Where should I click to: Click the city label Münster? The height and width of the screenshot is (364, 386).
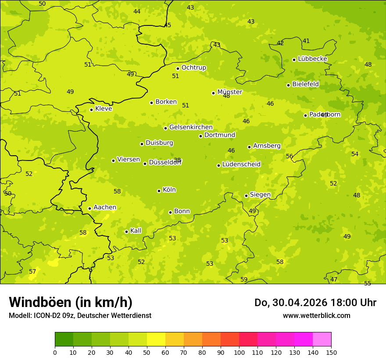229,92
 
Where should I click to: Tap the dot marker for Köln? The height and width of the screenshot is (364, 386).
159,191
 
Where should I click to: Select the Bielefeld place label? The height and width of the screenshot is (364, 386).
305,84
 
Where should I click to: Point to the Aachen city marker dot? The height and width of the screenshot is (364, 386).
89,208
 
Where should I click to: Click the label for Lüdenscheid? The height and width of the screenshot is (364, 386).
241,164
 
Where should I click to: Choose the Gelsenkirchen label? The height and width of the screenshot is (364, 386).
191,127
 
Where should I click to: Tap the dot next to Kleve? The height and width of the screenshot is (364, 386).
91,110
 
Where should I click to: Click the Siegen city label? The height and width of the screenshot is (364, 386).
260,195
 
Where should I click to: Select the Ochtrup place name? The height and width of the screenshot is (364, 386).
193,68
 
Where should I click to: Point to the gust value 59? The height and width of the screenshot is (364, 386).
244,279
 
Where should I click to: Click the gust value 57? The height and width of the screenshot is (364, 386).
32,272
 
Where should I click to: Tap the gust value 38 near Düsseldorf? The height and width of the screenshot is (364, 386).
177,160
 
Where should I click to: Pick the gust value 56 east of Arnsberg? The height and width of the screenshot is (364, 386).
289,156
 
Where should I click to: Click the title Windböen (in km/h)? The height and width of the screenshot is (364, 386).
71,302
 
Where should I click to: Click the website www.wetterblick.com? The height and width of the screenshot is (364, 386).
316,315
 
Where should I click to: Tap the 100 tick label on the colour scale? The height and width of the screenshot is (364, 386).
239,352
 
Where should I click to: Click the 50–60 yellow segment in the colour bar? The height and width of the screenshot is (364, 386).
156,339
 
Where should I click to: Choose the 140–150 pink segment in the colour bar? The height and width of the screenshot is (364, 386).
322,339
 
